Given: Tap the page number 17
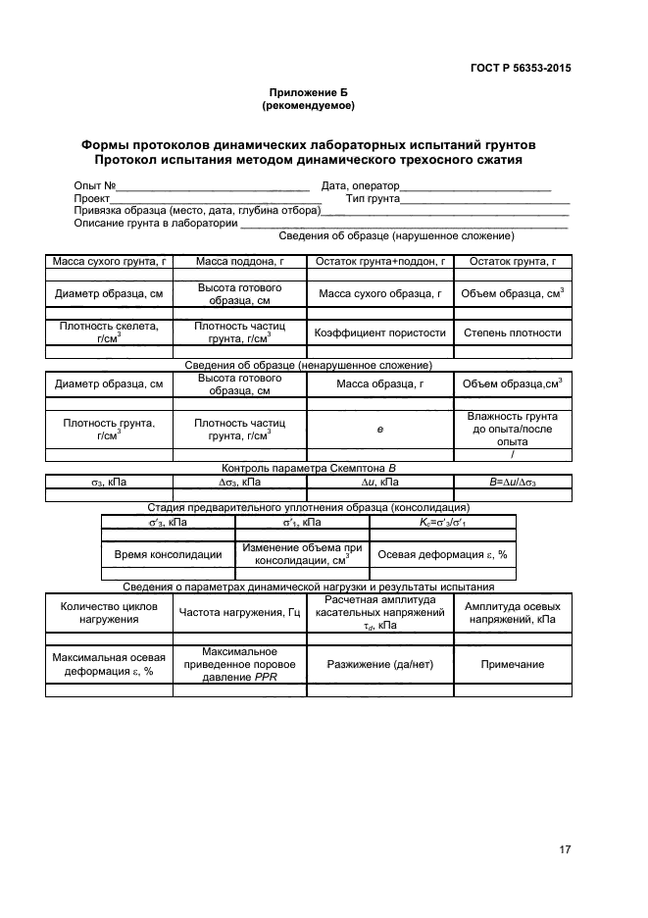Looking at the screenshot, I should pyautogui.click(x=565, y=849).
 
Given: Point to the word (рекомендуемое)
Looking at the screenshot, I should pyautogui.click(x=308, y=105).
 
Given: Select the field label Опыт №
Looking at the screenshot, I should pyautogui.click(x=95, y=185).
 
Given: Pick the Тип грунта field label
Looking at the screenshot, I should pyautogui.click(x=372, y=198).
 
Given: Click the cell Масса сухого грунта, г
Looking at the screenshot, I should pyautogui.click(x=109, y=262).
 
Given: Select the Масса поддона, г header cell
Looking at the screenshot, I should pyautogui.click(x=240, y=262).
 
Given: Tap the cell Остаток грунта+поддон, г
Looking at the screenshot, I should pyautogui.click(x=380, y=262).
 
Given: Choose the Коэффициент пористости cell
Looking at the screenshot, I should pyautogui.click(x=380, y=332).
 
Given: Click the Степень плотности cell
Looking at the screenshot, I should pyautogui.click(x=513, y=332).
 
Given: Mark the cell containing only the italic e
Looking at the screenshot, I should pyautogui.click(x=380, y=429).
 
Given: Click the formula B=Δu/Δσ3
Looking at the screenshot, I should pyautogui.click(x=513, y=483).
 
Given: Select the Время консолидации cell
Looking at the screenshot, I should pyautogui.click(x=168, y=554).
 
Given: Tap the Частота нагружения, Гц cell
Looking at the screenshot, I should pyautogui.click(x=240, y=613).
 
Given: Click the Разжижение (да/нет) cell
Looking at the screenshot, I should pyautogui.click(x=380, y=664).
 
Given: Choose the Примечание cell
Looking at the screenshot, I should pyautogui.click(x=513, y=664).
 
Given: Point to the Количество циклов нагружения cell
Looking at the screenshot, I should pyautogui.click(x=109, y=613).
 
